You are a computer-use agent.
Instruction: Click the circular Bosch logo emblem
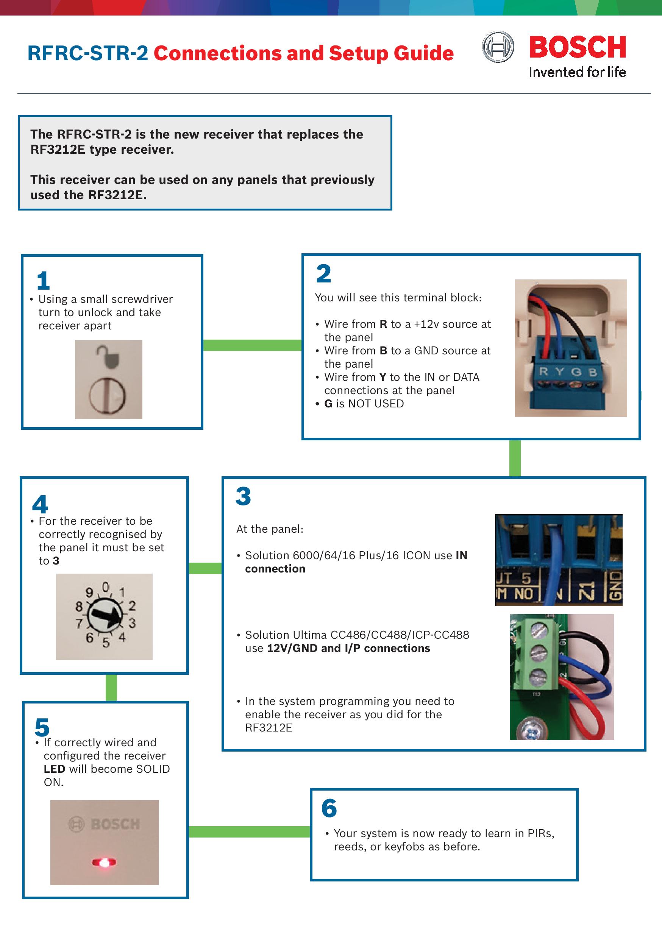pos(498,47)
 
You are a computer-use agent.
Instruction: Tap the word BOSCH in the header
pos(577,47)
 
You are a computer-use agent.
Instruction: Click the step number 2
pos(323,274)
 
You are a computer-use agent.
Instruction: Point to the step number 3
pos(243,496)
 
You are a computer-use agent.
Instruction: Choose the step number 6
pos(329,808)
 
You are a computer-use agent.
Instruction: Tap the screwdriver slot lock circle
pos(108,396)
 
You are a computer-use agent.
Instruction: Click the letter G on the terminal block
pos(576,372)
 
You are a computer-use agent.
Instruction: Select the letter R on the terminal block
pos(543,371)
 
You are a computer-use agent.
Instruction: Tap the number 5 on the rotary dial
pos(106,643)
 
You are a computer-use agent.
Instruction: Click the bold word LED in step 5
pos(55,769)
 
